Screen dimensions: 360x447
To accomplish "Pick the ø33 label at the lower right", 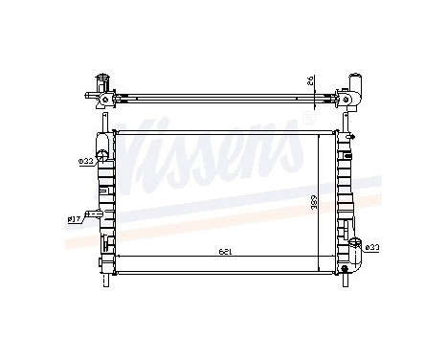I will pos(375,248).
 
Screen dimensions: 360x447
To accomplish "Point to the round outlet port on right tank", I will pos(355,247).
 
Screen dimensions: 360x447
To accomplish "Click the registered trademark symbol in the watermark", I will pos(305,121).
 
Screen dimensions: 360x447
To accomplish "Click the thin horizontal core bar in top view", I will pos(224,98).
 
